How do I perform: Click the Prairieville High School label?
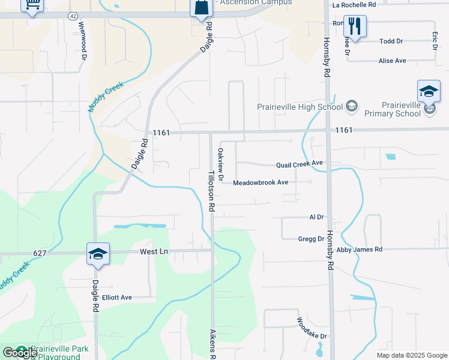coord(300,107)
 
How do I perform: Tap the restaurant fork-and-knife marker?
coord(355,26)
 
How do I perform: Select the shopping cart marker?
coord(32,5)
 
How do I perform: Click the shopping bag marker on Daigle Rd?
coord(202,8)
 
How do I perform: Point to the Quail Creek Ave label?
coord(300,164)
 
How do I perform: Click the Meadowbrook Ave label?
coord(261,182)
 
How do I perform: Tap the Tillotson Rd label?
coord(211,190)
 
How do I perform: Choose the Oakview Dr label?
coord(220,165)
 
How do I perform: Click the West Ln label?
coord(154,251)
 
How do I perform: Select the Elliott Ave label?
coord(117,297)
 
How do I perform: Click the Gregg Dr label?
coord(311,239)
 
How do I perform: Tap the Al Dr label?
coord(316,217)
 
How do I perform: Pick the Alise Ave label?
coord(393,61)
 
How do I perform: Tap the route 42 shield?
coord(73,14)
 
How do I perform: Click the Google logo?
coord(19,352)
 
